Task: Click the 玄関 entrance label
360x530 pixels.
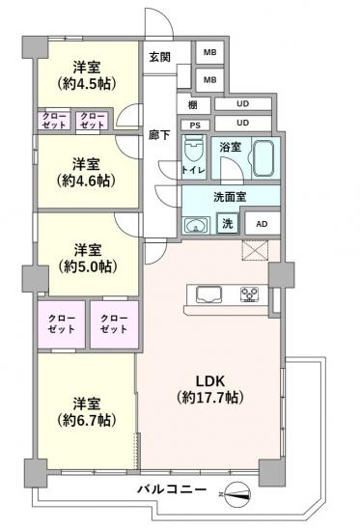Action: tap(159, 58)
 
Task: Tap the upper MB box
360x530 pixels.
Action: tap(209, 52)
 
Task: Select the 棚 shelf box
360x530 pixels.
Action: tap(194, 105)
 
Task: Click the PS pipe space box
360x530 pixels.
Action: tap(195, 126)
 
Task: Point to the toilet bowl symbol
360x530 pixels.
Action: tap(194, 151)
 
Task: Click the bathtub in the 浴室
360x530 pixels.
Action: tap(266, 157)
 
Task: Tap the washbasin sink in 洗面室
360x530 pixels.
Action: tap(196, 226)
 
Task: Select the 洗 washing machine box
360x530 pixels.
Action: tap(228, 223)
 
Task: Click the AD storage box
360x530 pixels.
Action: tap(262, 223)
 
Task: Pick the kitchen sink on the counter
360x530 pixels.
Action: tap(208, 294)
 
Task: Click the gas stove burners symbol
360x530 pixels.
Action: tap(249, 294)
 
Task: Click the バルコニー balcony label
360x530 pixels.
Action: tap(172, 489)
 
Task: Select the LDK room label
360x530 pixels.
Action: tap(211, 381)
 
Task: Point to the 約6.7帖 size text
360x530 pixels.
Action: tap(87, 421)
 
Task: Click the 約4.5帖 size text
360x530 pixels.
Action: tap(87, 83)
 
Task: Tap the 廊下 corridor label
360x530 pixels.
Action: tap(159, 135)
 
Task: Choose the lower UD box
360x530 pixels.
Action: tap(243, 123)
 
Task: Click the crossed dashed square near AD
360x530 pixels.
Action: tap(255, 250)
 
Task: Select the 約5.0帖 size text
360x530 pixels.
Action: tap(88, 267)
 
